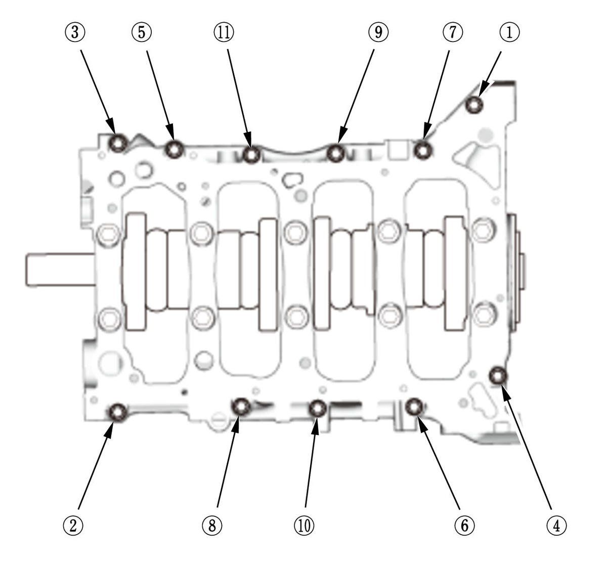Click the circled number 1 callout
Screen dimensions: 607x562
[x=509, y=32]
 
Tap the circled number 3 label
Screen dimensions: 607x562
[x=75, y=32]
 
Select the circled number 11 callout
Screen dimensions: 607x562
[x=224, y=32]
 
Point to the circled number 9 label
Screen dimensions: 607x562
[x=378, y=32]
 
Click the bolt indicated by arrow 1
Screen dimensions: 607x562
[x=474, y=105]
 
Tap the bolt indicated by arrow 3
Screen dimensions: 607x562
[x=118, y=143]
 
